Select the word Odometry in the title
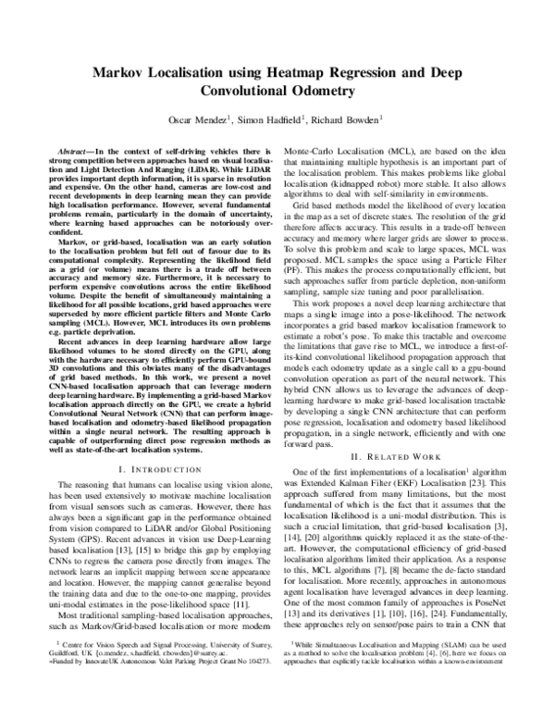(323, 92)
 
